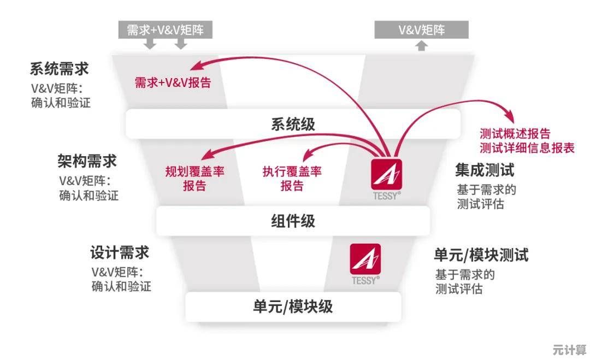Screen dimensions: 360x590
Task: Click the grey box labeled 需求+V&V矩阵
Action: click(x=165, y=30)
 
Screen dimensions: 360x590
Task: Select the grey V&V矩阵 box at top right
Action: click(x=421, y=30)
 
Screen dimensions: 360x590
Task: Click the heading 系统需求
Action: click(x=59, y=69)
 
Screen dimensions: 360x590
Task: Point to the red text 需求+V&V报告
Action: click(x=173, y=83)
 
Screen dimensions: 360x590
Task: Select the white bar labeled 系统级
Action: click(x=293, y=123)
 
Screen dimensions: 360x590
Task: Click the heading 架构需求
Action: click(x=87, y=161)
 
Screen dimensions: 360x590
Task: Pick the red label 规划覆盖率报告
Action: click(x=195, y=179)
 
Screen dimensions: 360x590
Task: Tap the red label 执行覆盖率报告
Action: click(x=292, y=179)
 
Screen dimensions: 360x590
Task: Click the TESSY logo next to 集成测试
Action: click(x=386, y=175)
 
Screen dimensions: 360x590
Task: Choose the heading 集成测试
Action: click(x=485, y=170)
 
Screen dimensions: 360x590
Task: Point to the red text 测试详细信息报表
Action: click(x=527, y=147)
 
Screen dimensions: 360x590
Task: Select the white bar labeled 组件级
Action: click(x=293, y=221)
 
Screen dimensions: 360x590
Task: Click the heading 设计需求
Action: click(x=120, y=253)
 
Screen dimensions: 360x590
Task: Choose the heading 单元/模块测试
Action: click(x=481, y=255)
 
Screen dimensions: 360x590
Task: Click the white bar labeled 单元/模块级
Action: click(x=293, y=306)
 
